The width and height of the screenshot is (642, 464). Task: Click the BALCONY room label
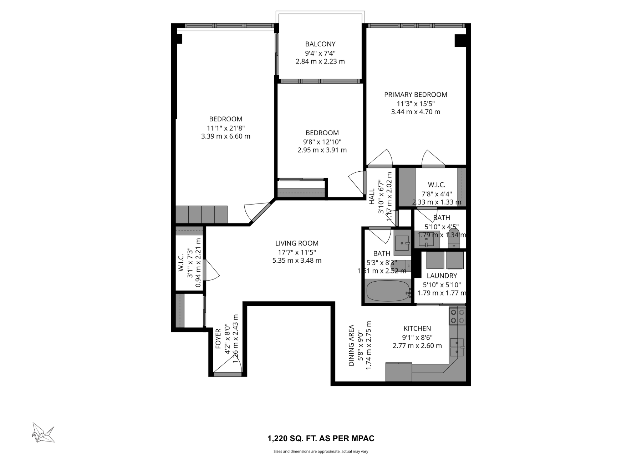320,44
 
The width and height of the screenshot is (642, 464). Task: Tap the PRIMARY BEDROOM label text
416,95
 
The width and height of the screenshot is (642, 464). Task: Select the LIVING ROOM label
297,243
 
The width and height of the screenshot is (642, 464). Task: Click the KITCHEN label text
417,328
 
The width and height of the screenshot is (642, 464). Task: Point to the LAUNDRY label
442,276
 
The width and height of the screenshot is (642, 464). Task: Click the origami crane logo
43,433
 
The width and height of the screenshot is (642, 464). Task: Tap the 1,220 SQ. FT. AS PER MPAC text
321,438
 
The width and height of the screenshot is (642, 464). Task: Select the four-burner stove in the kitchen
458,316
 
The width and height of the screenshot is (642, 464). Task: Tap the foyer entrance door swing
228,365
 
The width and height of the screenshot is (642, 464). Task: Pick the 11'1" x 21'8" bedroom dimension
225,128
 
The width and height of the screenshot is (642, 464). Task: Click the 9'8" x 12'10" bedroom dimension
322,142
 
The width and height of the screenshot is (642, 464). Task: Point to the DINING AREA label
352,345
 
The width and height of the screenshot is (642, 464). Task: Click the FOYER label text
218,339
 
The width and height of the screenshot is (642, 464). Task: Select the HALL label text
372,197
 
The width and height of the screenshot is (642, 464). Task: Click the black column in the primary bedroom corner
460,41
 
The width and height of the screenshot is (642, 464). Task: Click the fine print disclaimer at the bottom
321,452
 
